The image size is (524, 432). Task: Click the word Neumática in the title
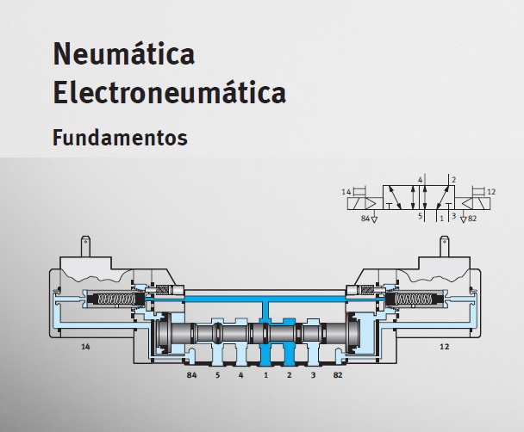[x=123, y=53]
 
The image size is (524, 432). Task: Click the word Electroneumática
[x=170, y=91]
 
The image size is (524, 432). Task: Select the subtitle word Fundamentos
[x=120, y=138]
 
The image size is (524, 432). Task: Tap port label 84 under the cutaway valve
[x=191, y=375]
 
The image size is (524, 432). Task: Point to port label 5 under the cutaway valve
[x=217, y=375]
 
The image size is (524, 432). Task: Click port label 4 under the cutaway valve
[x=241, y=375]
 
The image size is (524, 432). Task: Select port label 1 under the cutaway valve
[x=265, y=375]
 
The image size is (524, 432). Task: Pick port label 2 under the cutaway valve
[x=289, y=375]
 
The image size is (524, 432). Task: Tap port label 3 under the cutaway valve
[x=313, y=375]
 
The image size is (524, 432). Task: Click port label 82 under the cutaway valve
[x=338, y=375]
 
